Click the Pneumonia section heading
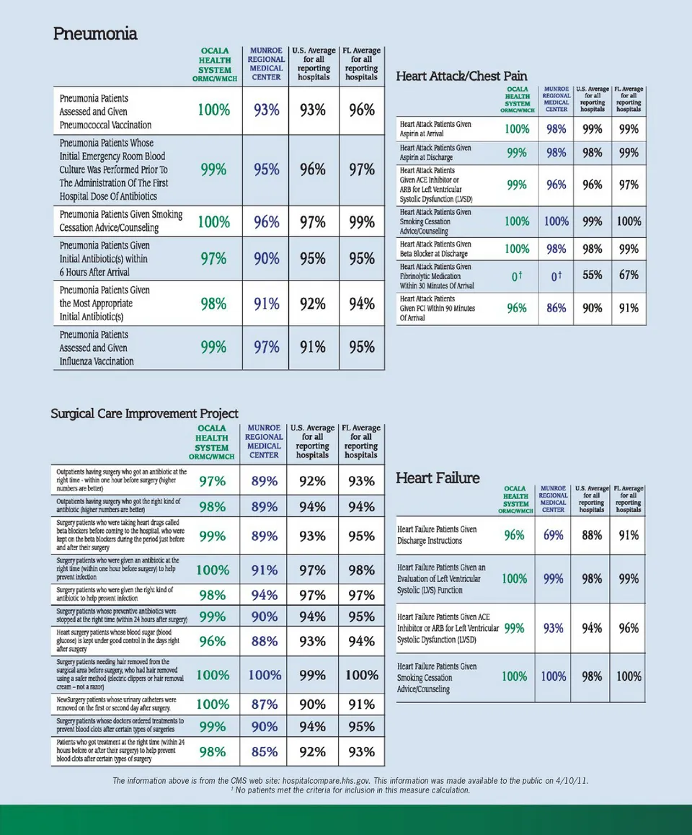95,34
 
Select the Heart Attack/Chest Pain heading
461,76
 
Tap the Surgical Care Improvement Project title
144,414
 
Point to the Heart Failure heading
438,478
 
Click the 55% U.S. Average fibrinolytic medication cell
593,275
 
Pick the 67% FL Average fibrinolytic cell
628,275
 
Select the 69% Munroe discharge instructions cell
553,535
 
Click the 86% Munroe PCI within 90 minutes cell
556,308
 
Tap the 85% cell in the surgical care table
265,751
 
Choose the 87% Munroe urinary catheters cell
265,704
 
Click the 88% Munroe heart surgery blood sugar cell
265,641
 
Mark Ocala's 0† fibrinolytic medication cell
517,276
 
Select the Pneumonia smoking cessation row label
120,221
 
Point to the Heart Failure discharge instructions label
437,535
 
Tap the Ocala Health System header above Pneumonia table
215,64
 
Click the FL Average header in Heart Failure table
628,498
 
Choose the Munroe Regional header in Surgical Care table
264,441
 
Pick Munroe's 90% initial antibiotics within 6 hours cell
266,259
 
